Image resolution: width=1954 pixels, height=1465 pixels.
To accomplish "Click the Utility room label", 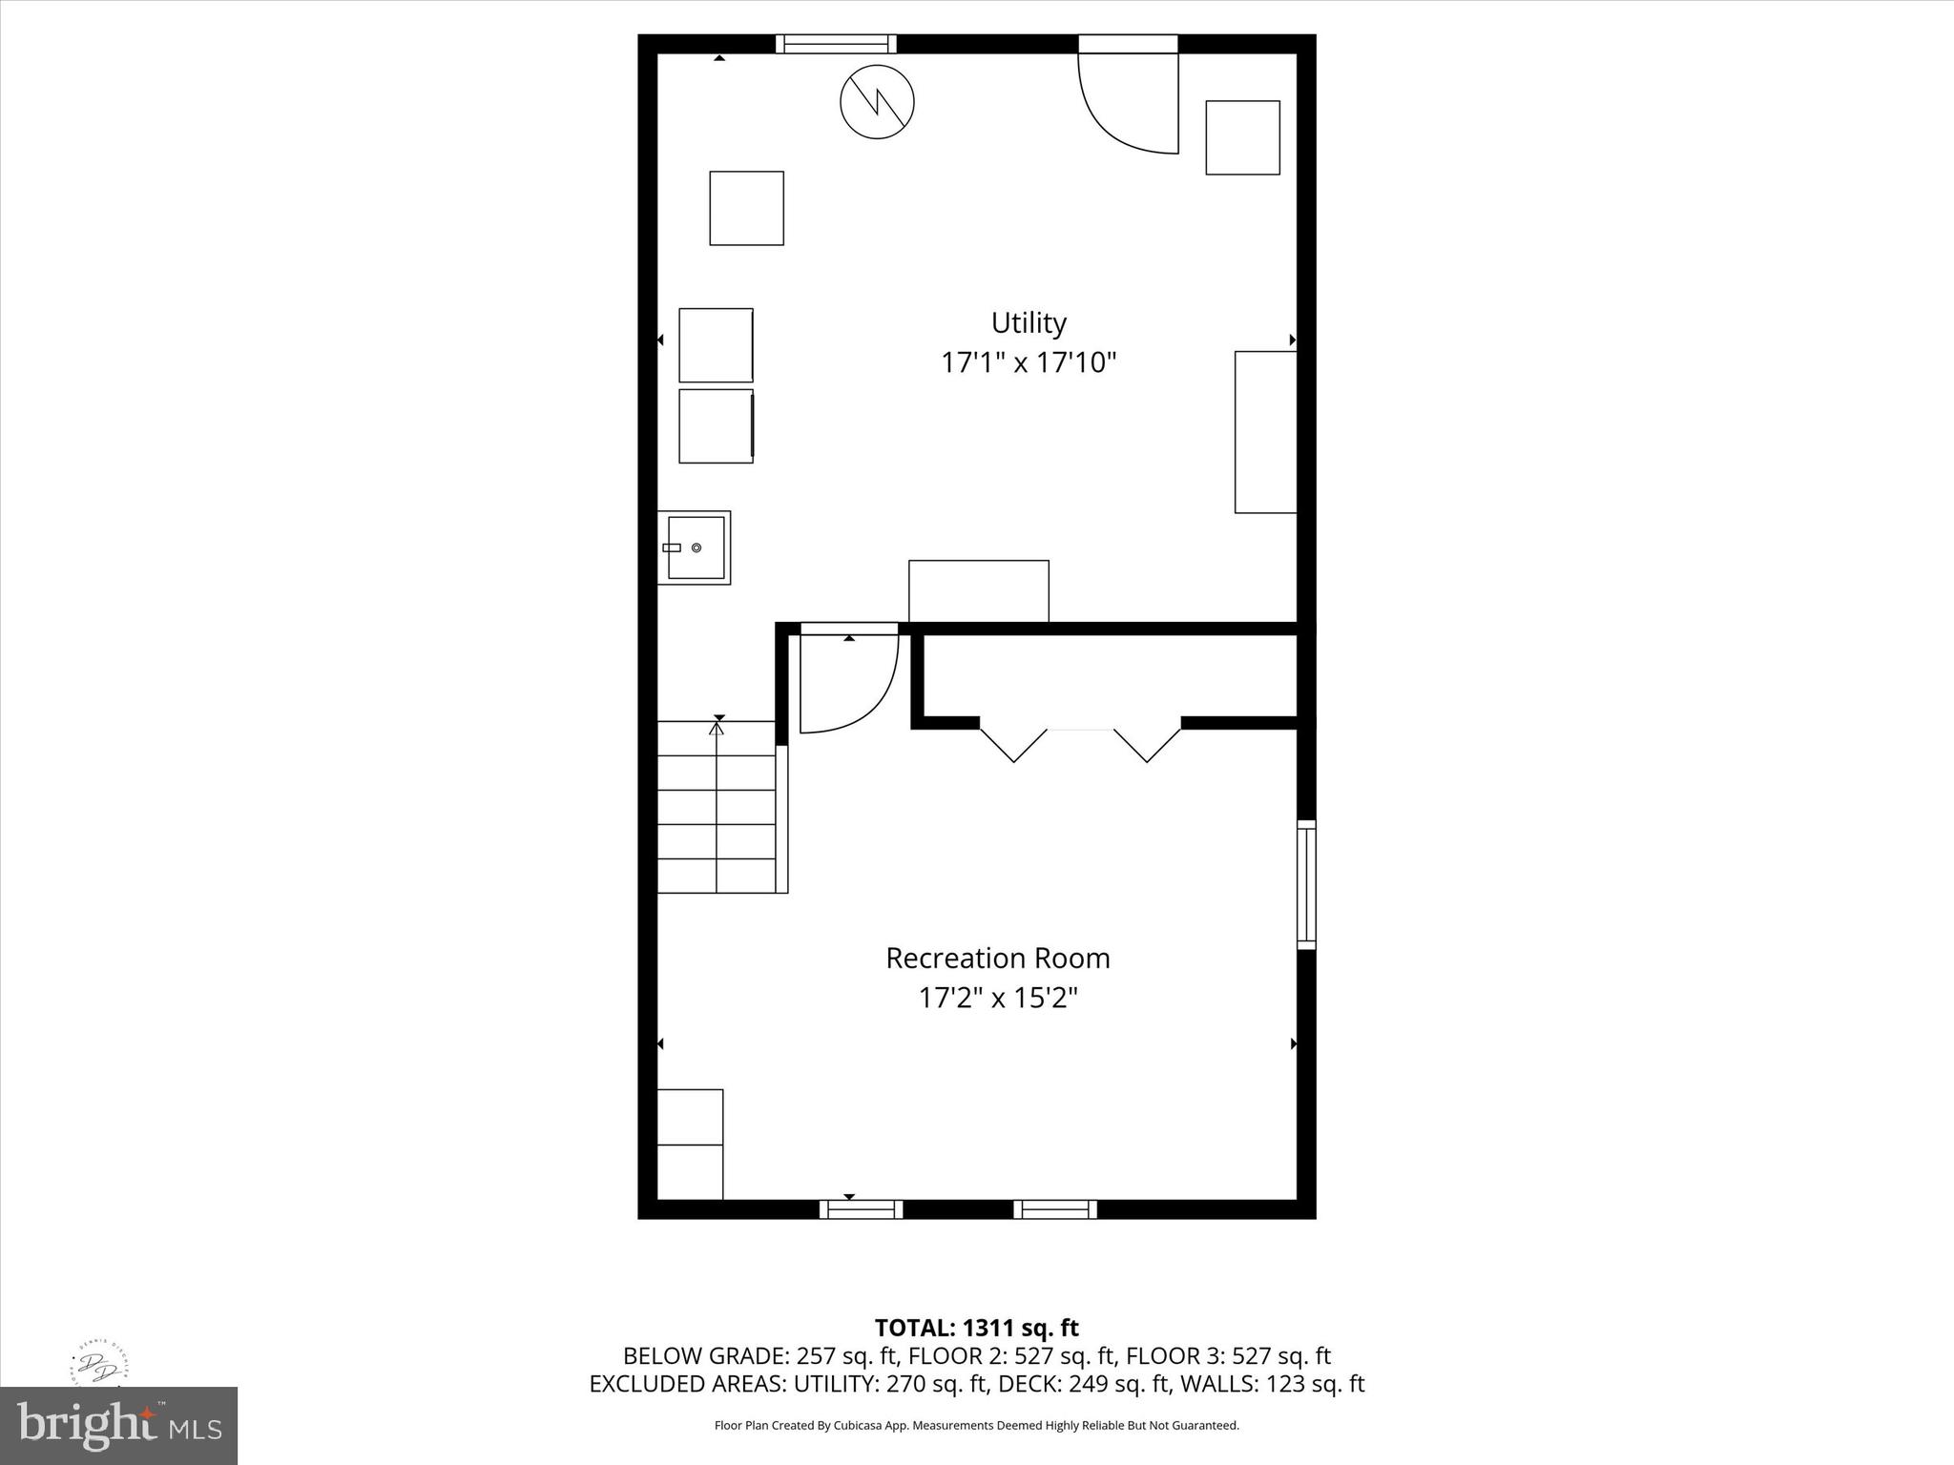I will coord(1029,323).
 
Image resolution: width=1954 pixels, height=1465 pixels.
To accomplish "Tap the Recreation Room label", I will coord(998,959).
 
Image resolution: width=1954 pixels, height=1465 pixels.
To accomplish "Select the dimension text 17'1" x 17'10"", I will coord(1029,363).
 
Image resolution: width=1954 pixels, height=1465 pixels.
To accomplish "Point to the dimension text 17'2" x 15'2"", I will coord(998,999).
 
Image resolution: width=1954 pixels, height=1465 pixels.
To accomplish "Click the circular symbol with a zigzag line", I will coord(877,102).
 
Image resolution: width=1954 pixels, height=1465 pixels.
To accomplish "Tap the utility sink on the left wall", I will coord(695,547).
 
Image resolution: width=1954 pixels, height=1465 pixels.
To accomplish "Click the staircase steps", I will coord(717,807).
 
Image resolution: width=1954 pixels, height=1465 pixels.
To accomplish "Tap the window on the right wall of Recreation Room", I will coord(1306,884).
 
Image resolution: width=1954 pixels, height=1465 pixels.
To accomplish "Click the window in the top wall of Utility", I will coord(836,44).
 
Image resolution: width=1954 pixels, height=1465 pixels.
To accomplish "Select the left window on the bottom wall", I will coord(861,1209).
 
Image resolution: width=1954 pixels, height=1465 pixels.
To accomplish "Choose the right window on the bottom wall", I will coord(1054,1209).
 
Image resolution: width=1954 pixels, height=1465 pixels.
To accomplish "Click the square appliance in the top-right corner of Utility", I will coord(1242,137).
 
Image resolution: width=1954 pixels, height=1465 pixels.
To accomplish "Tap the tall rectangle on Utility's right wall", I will coord(1265,432).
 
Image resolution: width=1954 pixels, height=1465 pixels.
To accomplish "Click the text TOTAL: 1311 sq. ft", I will coord(976,1328).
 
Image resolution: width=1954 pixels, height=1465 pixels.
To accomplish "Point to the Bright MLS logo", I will coord(118,1425).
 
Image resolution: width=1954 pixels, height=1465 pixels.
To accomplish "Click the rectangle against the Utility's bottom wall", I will coord(978,591).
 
